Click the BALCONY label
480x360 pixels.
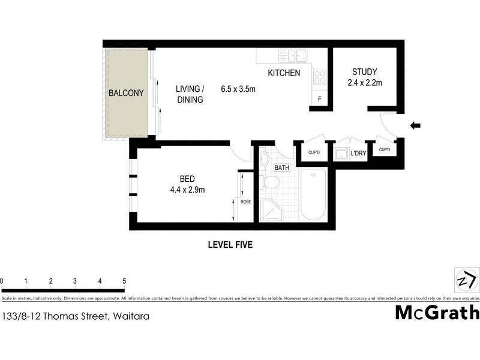(x=126, y=93)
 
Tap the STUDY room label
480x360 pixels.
(x=365, y=72)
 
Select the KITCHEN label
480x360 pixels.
(x=284, y=73)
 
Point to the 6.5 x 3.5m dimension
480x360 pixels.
(x=238, y=89)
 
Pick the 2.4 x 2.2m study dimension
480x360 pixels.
(x=365, y=83)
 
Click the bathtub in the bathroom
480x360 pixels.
(x=312, y=195)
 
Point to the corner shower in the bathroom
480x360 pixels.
(x=271, y=210)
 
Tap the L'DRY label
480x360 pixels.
(x=358, y=154)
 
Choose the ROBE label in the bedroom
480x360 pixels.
(x=246, y=202)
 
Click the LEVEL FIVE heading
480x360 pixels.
(x=230, y=244)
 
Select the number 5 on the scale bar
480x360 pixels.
(x=124, y=281)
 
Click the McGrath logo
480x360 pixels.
(x=437, y=313)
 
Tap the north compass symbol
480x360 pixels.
(x=466, y=280)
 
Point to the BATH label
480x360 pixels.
(x=281, y=168)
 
